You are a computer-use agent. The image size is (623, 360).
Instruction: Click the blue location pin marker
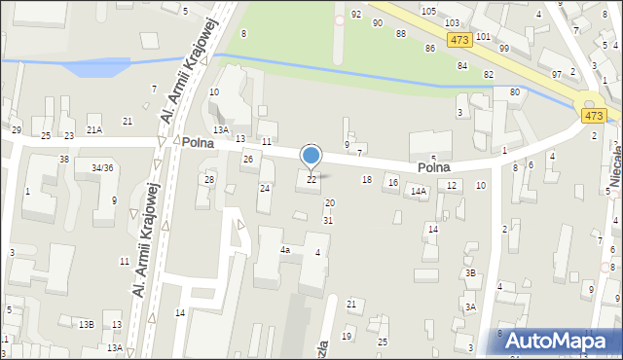[x=311, y=156]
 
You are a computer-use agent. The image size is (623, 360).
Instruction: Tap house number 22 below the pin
[x=311, y=179]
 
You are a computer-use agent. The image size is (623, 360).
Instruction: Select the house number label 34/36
[x=102, y=167]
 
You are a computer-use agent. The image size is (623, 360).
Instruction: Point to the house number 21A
[x=93, y=129]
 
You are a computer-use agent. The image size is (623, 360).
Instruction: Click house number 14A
[x=419, y=192]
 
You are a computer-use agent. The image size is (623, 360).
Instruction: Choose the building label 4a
[x=285, y=250]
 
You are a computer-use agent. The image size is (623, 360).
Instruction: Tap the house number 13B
[x=87, y=324]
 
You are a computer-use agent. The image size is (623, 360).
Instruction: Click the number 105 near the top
[x=428, y=10]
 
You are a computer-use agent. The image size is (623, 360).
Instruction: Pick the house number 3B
[x=470, y=273]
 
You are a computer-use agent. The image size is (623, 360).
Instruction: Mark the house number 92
[x=356, y=14]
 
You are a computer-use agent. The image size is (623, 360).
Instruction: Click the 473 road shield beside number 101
[x=460, y=40]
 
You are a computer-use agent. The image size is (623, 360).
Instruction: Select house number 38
[x=64, y=159]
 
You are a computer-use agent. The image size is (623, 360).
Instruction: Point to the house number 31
[x=328, y=220]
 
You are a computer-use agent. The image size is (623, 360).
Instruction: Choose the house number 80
[x=513, y=92]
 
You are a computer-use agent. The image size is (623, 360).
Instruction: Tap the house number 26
[x=248, y=159]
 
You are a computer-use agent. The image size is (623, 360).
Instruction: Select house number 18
[x=367, y=179]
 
